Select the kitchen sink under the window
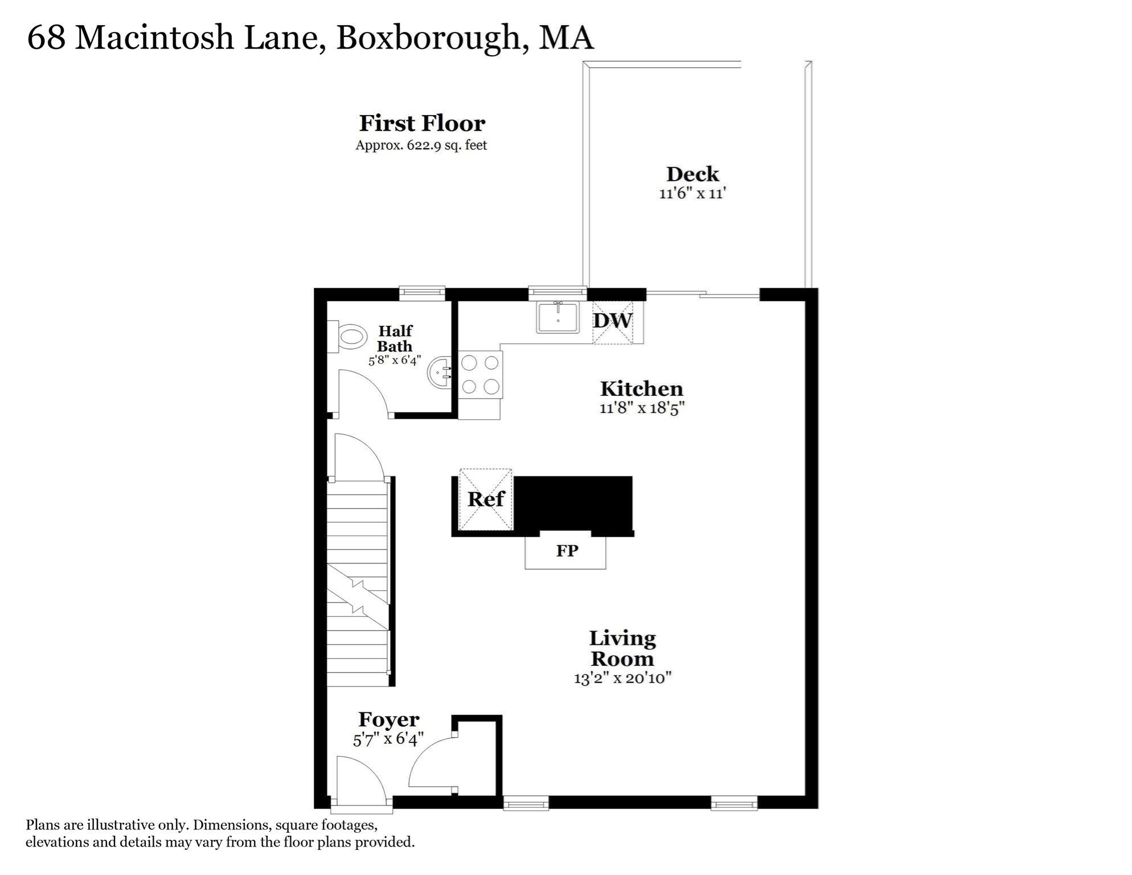pos(557,317)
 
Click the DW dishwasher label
pos(613,320)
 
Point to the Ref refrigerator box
pos(486,500)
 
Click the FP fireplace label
pos(567,551)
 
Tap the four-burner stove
pos(480,374)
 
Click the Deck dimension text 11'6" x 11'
pos(692,194)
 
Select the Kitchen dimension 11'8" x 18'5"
pos(641,408)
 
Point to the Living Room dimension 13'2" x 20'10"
pos(623,678)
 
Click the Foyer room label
pos(389,719)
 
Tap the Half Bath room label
pos(395,338)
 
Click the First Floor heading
pos(422,123)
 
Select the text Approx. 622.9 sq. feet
pos(421,145)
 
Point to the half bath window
pos(421,293)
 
